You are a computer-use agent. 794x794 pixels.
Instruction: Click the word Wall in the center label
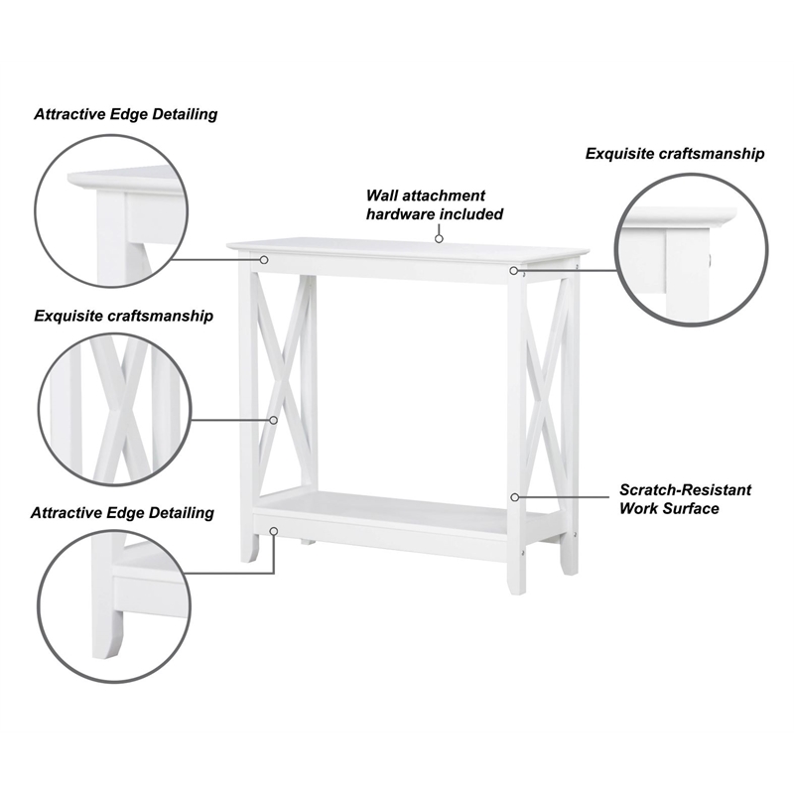point(383,196)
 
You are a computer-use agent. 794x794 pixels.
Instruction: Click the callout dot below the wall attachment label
point(438,238)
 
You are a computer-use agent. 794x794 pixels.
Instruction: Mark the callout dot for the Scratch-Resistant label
point(514,496)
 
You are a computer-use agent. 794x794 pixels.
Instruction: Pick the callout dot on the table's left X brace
point(274,420)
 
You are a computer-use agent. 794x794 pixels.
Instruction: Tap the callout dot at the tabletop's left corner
point(265,259)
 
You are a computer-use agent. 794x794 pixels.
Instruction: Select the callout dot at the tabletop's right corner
point(514,270)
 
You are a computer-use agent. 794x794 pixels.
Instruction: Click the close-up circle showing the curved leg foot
point(110,606)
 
